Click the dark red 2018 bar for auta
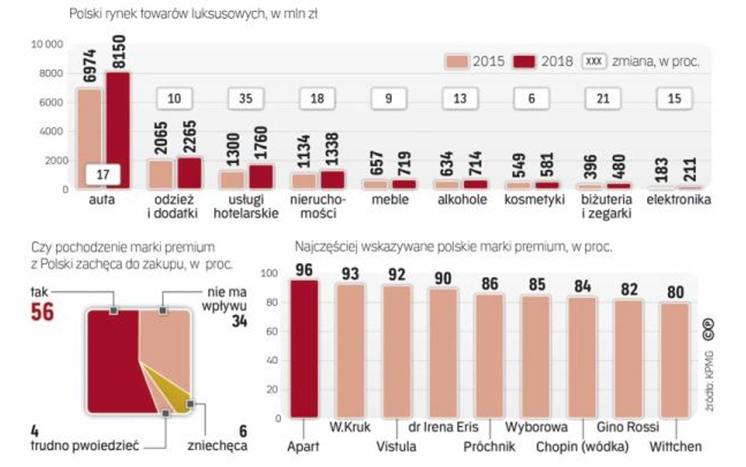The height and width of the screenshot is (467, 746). point(117,130)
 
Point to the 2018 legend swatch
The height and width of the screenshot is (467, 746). point(525,61)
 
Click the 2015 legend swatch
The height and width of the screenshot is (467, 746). point(457,61)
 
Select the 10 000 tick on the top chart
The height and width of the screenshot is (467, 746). point(46,45)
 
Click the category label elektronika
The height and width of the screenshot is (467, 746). point(678,200)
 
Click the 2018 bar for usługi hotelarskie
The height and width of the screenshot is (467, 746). point(260,176)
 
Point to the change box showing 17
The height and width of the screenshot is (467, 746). point(103,173)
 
